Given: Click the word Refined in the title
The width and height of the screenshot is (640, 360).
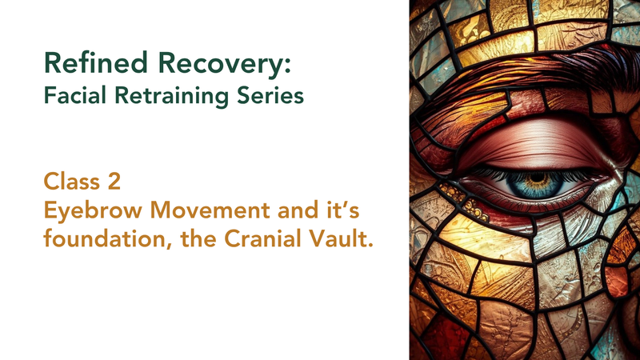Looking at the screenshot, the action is pos(95,63).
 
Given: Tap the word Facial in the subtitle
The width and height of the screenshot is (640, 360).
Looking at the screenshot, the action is pos(75,95).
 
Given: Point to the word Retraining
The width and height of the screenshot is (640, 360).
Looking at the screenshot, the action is pos(172,97).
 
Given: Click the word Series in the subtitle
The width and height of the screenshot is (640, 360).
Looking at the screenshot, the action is pos(270,95).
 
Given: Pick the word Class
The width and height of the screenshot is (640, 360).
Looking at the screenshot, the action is pos(70,182).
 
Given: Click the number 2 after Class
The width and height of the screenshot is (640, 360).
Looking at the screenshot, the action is pos(114,182).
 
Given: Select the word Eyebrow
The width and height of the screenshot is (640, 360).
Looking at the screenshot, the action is pos(93,211).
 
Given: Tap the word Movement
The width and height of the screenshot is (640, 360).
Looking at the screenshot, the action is pos(210,210).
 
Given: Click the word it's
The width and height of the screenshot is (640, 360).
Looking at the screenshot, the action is pos(346,210).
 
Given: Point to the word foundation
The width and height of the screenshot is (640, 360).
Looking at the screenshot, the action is pos(106,238).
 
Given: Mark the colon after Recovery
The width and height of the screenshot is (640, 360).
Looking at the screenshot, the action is pos(288,66).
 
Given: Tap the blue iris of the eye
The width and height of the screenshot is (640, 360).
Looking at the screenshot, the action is pos(535,182).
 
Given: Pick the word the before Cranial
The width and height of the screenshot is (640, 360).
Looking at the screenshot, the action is pos(198,238).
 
